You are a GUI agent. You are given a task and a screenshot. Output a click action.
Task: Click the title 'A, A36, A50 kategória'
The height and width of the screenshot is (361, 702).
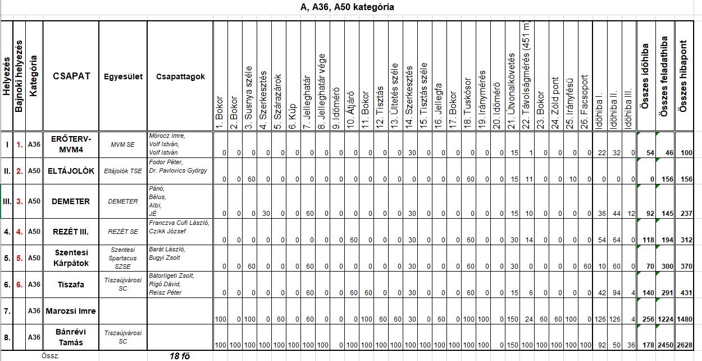(347, 7)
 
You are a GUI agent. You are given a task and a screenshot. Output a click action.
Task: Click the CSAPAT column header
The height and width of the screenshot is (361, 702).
(71, 76)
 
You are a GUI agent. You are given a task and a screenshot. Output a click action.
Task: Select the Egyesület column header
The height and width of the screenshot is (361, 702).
(123, 77)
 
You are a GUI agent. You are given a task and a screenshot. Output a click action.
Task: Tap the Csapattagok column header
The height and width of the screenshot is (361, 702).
(180, 77)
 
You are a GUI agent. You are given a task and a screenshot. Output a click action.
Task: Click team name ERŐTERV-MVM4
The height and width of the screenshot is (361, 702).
(71, 144)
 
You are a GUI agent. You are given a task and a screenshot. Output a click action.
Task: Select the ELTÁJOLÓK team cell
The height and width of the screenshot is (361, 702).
(71, 171)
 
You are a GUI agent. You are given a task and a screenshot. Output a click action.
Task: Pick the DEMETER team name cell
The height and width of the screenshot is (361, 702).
(71, 201)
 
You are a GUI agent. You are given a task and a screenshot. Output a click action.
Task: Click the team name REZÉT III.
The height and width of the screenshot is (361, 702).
(71, 231)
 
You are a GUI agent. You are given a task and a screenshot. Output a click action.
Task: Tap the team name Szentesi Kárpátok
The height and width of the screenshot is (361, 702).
(71, 258)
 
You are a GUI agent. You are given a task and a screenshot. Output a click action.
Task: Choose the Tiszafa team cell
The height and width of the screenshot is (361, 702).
(71, 285)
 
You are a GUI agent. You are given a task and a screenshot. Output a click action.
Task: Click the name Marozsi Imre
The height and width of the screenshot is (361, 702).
(71, 311)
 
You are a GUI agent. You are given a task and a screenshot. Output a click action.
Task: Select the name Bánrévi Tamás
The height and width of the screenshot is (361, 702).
(71, 337)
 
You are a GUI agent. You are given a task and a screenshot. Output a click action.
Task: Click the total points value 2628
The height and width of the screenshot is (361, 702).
(683, 345)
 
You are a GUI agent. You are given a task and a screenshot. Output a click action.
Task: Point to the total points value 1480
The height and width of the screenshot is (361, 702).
(683, 319)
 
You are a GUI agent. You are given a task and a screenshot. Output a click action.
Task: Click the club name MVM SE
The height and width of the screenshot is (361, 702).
(123, 145)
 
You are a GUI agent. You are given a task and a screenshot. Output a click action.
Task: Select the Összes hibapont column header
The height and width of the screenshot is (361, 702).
(683, 77)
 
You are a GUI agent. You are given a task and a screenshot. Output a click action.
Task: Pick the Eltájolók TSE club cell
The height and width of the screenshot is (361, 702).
(123, 171)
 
